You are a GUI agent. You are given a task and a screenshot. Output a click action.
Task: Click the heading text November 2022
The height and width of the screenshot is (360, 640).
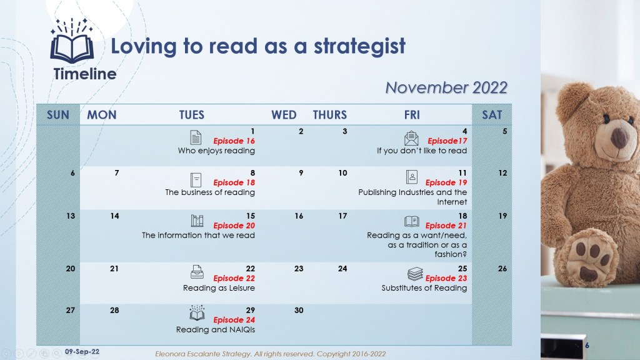pos(446,87)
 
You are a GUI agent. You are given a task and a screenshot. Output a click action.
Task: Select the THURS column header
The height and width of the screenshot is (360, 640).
pos(330,115)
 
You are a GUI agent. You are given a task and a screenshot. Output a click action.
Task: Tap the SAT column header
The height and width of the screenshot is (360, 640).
pos(492,115)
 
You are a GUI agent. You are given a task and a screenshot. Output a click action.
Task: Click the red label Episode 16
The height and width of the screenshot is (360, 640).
pos(234,141)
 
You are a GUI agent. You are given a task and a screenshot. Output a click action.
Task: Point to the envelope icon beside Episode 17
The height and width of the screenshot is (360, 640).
pos(411,138)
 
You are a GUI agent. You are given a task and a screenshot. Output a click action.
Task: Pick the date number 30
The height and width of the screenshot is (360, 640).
pos(299,310)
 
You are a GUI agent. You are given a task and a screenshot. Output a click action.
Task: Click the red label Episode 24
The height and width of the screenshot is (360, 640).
pos(234,320)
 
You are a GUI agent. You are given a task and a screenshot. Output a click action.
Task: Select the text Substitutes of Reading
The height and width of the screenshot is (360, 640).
pos(424,287)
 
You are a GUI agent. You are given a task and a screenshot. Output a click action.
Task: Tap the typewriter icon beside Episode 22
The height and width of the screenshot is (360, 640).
pos(197,272)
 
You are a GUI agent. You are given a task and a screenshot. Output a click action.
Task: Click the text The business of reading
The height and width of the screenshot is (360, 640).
pos(210,192)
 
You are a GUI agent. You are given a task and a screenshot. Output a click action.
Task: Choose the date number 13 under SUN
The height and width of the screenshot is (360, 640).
pos(71,216)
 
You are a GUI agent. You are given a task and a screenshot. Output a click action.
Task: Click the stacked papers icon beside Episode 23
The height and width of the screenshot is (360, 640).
pos(415,274)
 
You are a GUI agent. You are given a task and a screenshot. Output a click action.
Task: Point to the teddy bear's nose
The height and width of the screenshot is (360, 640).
pos(619,137)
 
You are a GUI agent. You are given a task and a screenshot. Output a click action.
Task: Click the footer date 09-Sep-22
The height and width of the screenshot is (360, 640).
pos(82,352)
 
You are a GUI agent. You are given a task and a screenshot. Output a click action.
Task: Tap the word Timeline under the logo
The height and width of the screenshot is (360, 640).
pos(85,74)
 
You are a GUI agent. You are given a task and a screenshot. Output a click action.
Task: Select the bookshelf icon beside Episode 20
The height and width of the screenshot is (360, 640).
pos(197,221)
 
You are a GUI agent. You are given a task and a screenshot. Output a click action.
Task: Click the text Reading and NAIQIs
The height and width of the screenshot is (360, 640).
pos(216,330)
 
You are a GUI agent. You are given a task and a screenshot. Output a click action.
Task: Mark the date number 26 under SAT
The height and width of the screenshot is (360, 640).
pos(502,269)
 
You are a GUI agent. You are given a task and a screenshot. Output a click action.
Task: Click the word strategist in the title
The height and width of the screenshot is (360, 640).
pos(359,46)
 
